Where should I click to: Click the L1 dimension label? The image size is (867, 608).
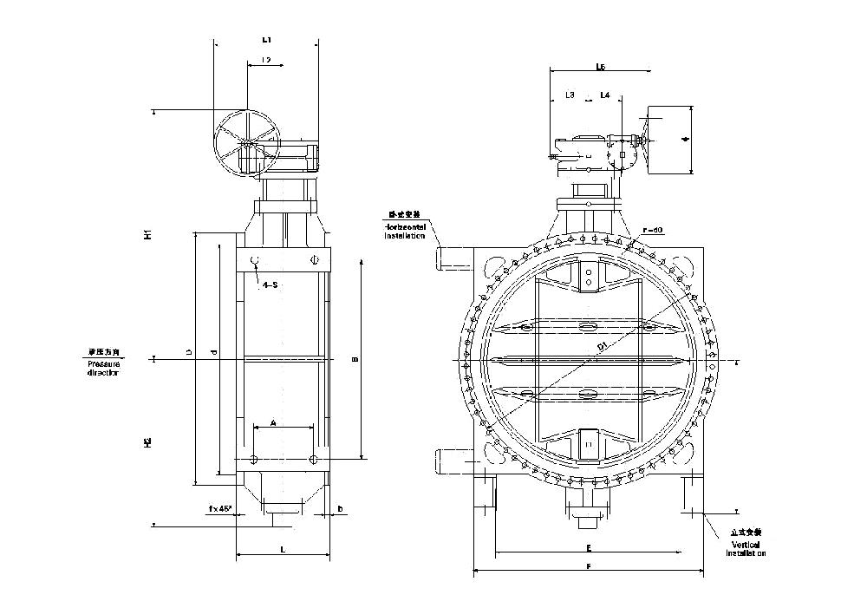pos(266,40)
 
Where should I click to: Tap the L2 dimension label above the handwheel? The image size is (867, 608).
pos(265,60)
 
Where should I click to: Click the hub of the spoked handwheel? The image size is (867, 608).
pos(245,142)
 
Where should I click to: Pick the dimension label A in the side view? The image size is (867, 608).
pos(273,422)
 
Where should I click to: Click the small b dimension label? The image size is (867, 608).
pos(340,508)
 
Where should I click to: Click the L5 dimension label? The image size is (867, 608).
pos(600,67)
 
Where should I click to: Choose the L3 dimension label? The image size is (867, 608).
pos(570,95)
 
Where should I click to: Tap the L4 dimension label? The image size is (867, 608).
pos(604,95)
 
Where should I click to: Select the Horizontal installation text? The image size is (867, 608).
pos(406,229)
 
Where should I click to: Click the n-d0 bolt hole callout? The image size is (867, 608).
pos(653,230)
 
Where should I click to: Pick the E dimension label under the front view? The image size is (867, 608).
pos(588,548)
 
